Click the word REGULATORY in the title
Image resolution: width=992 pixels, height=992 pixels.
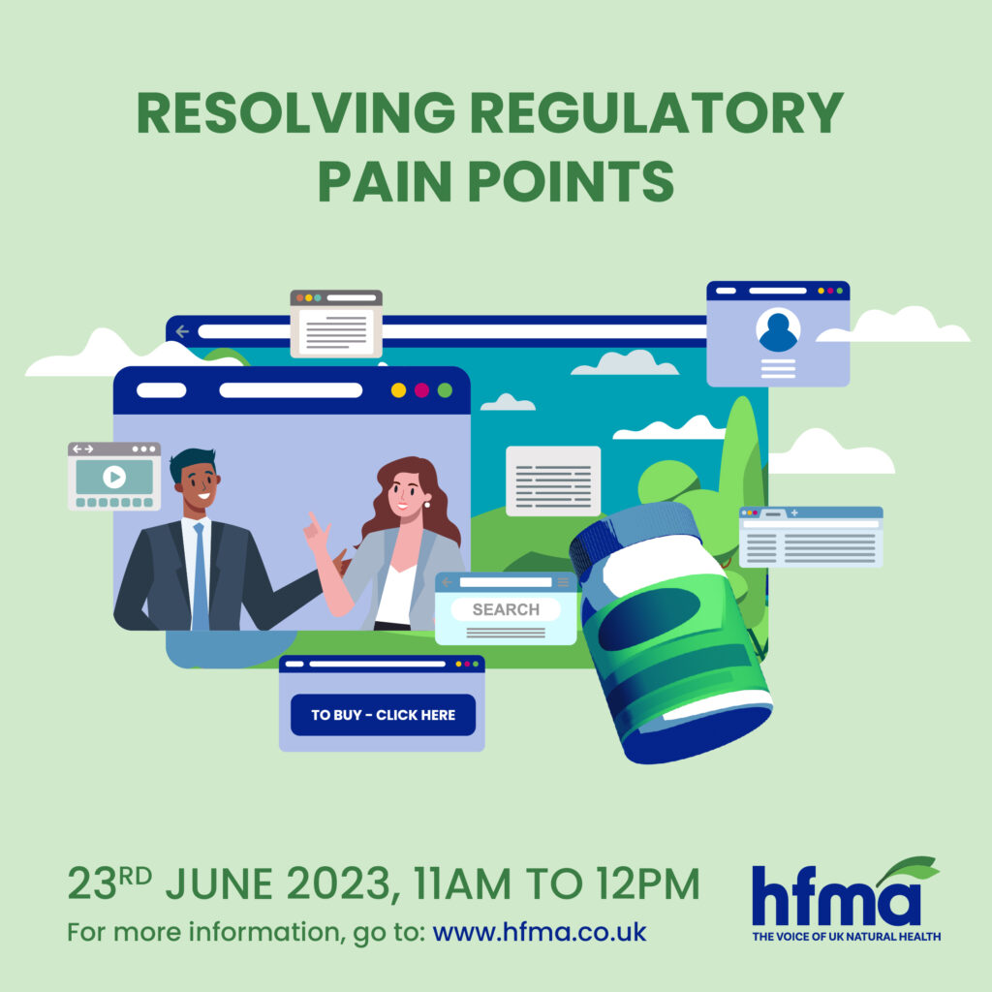pos(657,112)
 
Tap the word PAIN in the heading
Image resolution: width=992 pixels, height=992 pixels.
pos(386,181)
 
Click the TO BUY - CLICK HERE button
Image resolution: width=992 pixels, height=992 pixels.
pos(383,715)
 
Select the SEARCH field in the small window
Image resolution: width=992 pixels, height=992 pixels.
pos(506,609)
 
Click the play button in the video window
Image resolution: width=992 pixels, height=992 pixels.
pos(114,477)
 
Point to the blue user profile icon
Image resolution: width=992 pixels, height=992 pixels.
pos(778,329)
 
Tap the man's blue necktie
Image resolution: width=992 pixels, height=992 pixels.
pos(200,575)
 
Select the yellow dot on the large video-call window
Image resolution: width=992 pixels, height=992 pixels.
pos(398,390)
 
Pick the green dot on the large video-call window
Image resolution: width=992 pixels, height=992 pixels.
pos(445,390)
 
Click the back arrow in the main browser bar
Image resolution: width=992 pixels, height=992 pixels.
pos(182,331)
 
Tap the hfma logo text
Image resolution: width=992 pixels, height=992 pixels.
pos(836,895)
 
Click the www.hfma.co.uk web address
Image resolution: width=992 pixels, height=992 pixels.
pos(539,932)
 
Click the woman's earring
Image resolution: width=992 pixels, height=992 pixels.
pos(427,504)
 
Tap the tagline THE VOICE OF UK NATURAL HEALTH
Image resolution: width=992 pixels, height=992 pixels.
pos(846,937)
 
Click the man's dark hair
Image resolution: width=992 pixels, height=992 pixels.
pos(191,460)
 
